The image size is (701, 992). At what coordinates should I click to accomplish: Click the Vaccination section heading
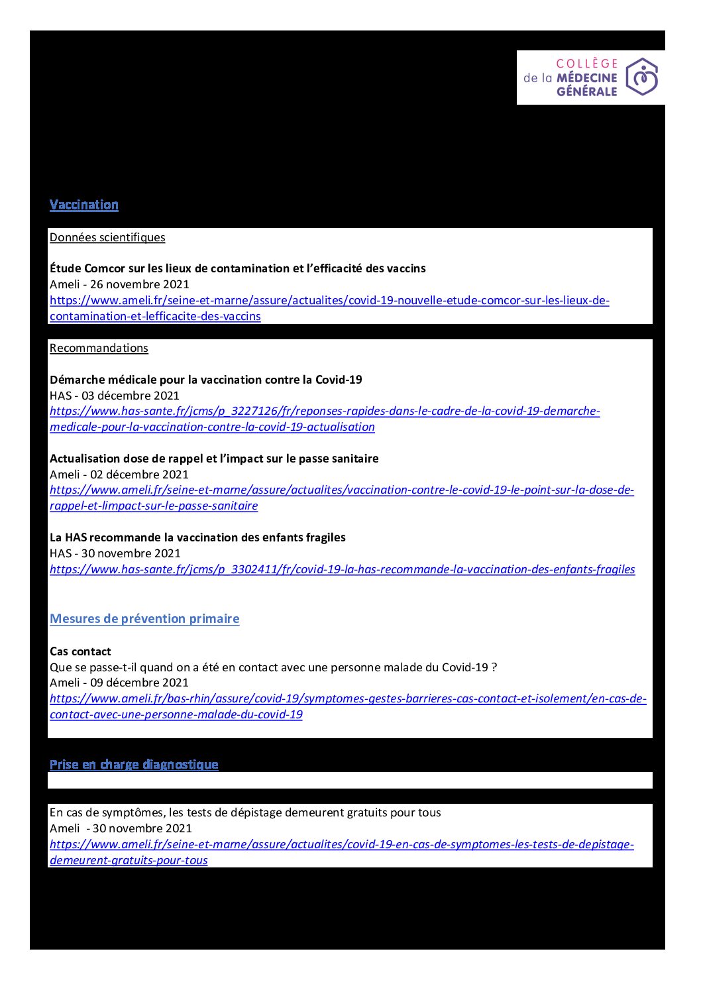tap(84, 205)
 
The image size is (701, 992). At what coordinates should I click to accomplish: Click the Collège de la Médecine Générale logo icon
tap(641, 77)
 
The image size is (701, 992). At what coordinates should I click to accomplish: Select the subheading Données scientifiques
tap(107, 237)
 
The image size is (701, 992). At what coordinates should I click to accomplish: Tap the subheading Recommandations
tap(99, 348)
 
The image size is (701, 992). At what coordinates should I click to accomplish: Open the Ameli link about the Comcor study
tap(329, 301)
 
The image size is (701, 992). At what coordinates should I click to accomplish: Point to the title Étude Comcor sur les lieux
tap(237, 268)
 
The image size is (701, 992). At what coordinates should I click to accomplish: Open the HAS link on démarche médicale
tap(325, 412)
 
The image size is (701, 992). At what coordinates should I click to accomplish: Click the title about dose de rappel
tap(214, 459)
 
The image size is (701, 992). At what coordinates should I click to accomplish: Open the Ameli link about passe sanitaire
tap(341, 490)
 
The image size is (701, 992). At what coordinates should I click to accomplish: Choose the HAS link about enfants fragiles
tap(342, 569)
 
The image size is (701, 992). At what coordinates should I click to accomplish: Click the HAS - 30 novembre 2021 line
tap(115, 553)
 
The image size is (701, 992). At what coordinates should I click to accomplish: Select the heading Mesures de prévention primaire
tap(144, 619)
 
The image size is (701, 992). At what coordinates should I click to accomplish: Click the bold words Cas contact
tap(80, 651)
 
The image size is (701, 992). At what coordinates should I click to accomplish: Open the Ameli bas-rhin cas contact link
tap(348, 699)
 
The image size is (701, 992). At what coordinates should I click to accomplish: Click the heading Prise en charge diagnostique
tap(134, 765)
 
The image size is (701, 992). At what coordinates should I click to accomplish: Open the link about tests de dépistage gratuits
tap(341, 845)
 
